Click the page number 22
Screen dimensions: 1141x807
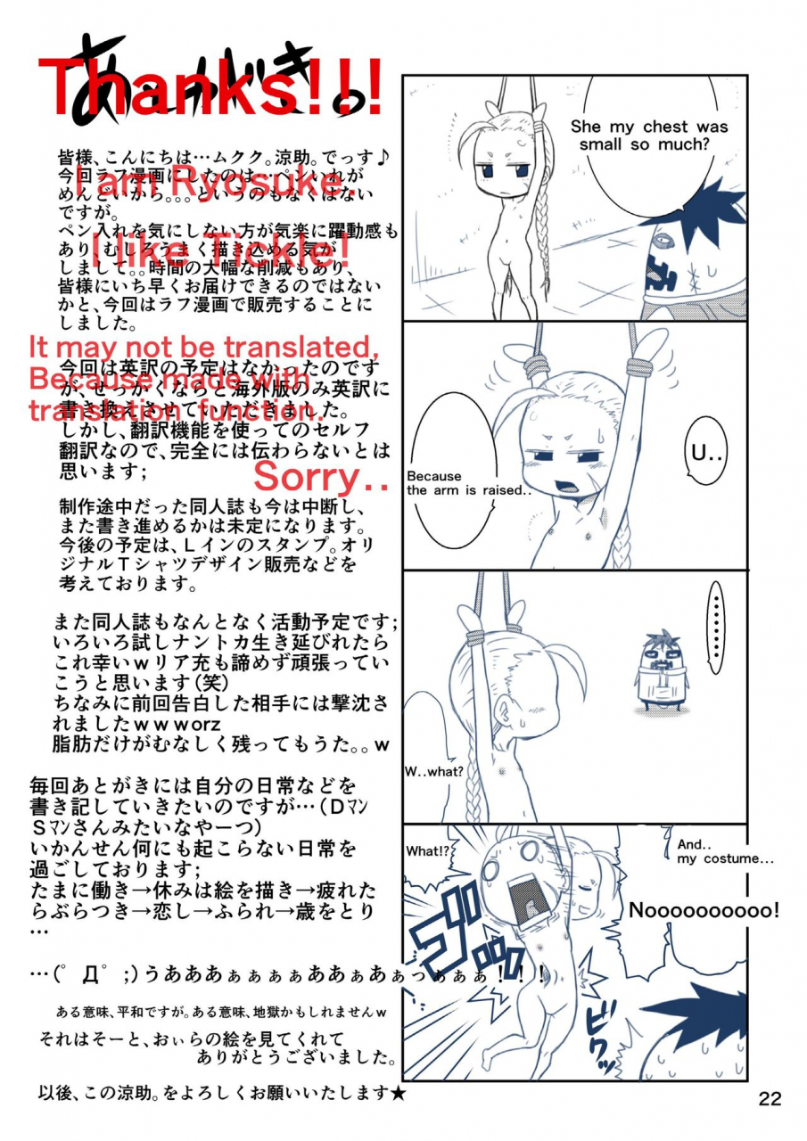tap(770, 1098)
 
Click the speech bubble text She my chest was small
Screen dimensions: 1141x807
tap(648, 135)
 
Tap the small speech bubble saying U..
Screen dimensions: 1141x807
tap(708, 454)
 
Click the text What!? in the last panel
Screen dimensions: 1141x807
tap(426, 851)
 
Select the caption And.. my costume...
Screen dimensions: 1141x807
tap(724, 852)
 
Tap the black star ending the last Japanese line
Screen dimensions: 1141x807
tap(398, 1093)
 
